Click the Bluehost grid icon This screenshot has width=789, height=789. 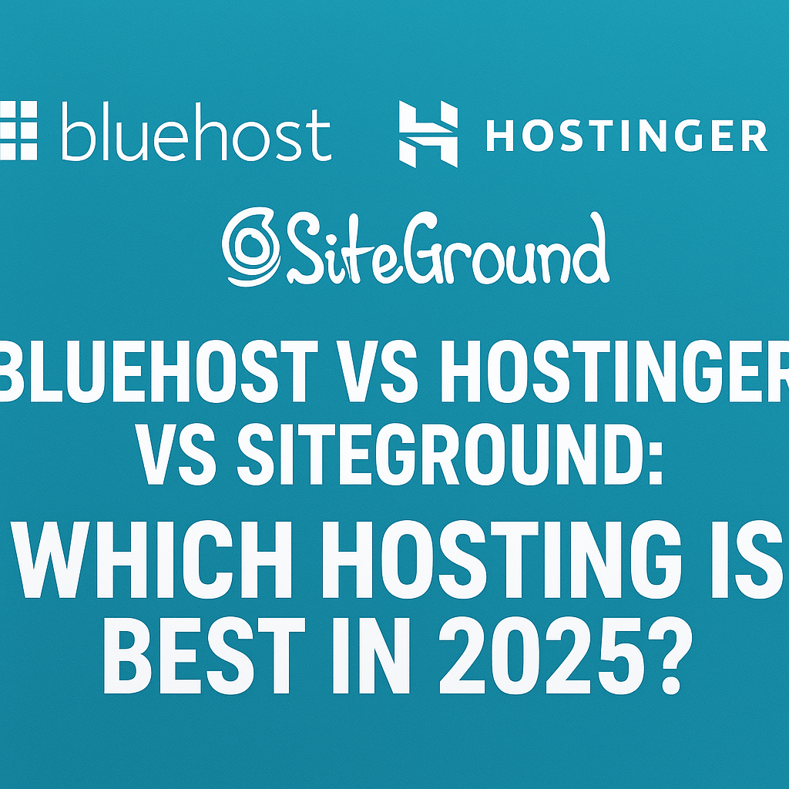pyautogui.click(x=18, y=130)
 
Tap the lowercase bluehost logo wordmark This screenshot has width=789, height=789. pyautogui.click(x=196, y=131)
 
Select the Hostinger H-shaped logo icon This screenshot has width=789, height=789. pyautogui.click(x=428, y=134)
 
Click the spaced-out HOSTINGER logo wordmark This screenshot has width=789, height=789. pyautogui.click(x=626, y=136)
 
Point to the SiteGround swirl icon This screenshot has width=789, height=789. pyautogui.click(x=250, y=247)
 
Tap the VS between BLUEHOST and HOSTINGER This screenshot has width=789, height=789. pyautogui.click(x=377, y=371)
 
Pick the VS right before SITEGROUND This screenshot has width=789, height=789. pyautogui.click(x=175, y=453)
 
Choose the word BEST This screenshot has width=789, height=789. pyautogui.click(x=204, y=655)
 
